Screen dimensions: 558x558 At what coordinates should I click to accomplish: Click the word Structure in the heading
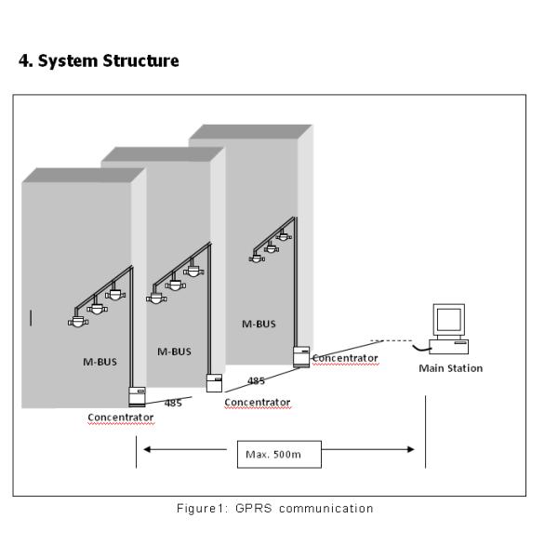tap(139, 61)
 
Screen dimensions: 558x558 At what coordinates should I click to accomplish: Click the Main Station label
tap(451, 368)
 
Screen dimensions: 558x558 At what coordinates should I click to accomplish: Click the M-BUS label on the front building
tap(100, 362)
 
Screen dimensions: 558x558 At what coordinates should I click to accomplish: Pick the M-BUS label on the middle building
tap(174, 352)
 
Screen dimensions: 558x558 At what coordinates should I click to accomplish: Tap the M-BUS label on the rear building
tap(259, 325)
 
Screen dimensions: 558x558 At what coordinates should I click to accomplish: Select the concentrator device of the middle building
tap(214, 382)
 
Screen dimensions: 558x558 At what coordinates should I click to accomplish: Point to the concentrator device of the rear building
tap(300, 356)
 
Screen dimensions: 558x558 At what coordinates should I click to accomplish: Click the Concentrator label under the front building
tap(121, 418)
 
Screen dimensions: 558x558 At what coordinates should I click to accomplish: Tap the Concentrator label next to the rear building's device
tap(345, 357)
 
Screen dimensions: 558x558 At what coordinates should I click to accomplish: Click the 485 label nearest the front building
tap(172, 403)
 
